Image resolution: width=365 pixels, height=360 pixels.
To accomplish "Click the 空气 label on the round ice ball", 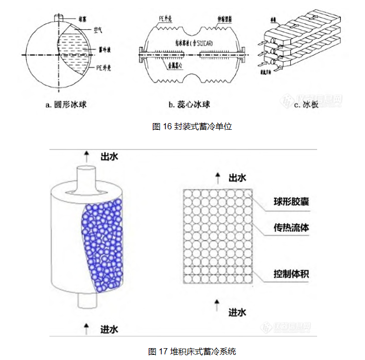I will click(98, 31).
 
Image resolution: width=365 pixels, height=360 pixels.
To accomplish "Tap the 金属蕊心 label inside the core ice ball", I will click(177, 66).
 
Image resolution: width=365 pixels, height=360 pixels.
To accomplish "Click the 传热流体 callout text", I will click(291, 227).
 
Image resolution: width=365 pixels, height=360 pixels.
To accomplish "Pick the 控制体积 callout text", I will click(291, 273).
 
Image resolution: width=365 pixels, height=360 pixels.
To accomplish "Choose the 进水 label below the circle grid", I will click(237, 312).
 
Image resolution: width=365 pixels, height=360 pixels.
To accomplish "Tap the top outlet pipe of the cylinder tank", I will click(88, 177).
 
